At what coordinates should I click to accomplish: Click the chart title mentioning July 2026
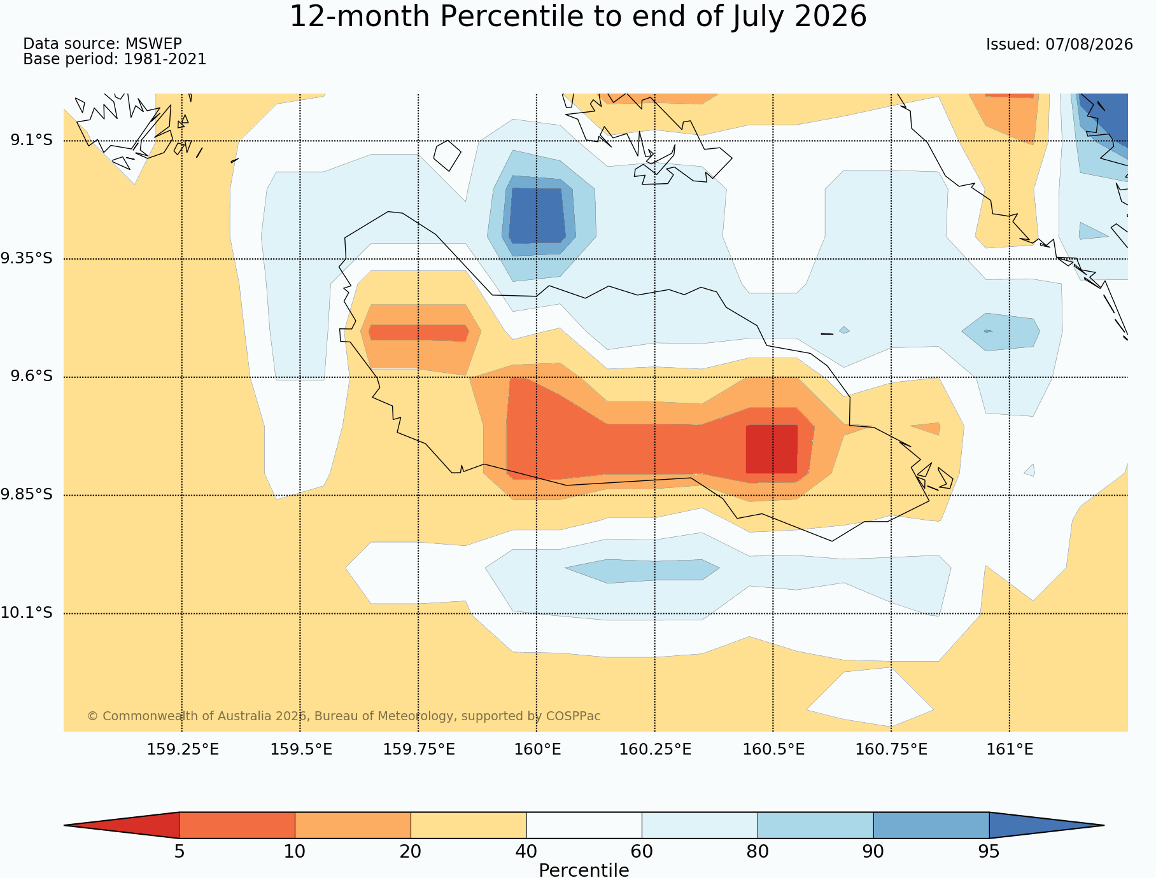tap(578, 17)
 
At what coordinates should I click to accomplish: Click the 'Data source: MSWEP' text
tap(102, 44)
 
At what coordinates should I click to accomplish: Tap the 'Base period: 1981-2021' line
tap(115, 60)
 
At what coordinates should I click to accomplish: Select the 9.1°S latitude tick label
tap(31, 140)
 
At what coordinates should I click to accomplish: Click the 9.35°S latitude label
tap(27, 258)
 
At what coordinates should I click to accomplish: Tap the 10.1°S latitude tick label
tap(27, 613)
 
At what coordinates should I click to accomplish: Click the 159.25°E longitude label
tap(183, 749)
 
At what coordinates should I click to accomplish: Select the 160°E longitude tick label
tap(537, 749)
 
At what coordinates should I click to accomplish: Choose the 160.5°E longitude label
tap(773, 749)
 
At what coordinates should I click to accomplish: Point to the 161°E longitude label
tap(1010, 749)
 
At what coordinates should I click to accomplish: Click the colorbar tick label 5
tap(180, 852)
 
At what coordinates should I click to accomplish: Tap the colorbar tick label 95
tap(989, 852)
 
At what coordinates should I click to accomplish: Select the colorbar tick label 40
tap(526, 852)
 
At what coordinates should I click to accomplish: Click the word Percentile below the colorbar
tap(584, 870)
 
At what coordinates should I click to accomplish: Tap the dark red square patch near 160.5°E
tap(772, 449)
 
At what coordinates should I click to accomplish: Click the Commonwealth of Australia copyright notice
tap(344, 716)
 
